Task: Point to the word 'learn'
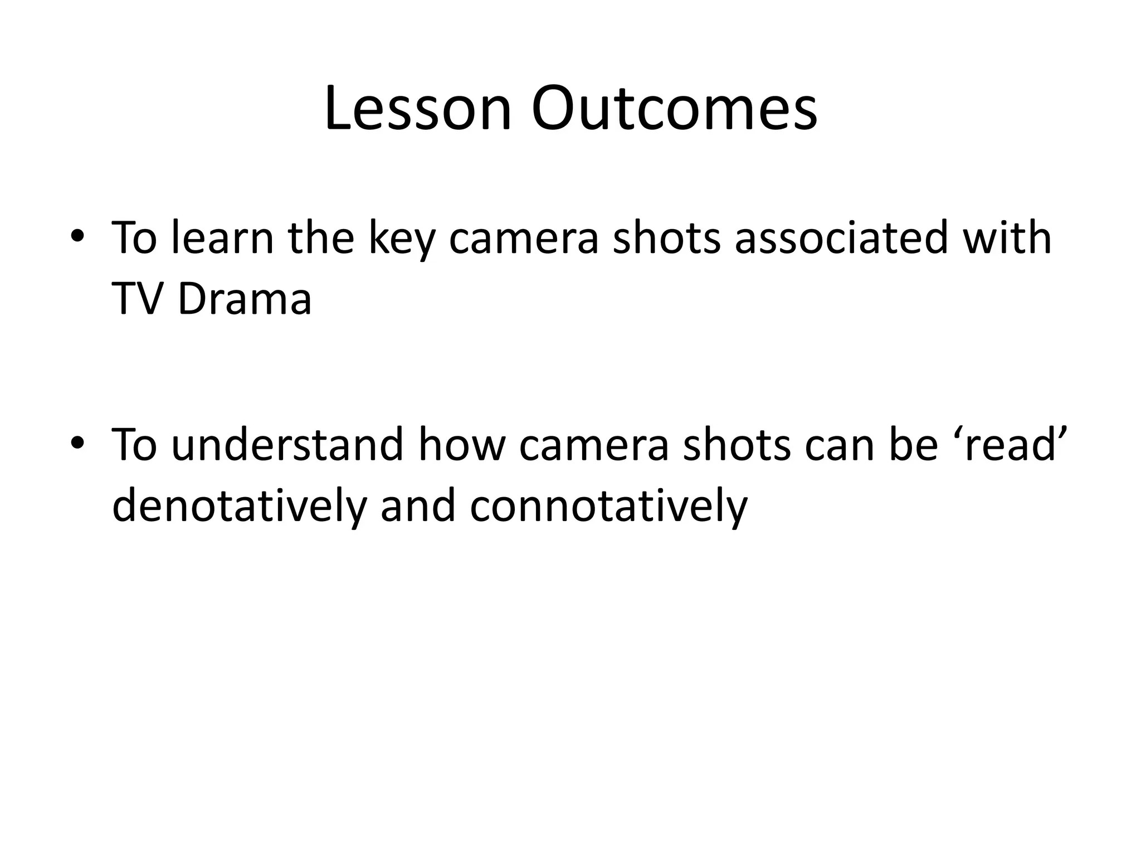[x=223, y=239]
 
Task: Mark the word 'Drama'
[x=245, y=299]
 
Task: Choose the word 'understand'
[x=287, y=445]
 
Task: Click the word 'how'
[x=461, y=445]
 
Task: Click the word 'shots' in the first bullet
[x=667, y=239]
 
